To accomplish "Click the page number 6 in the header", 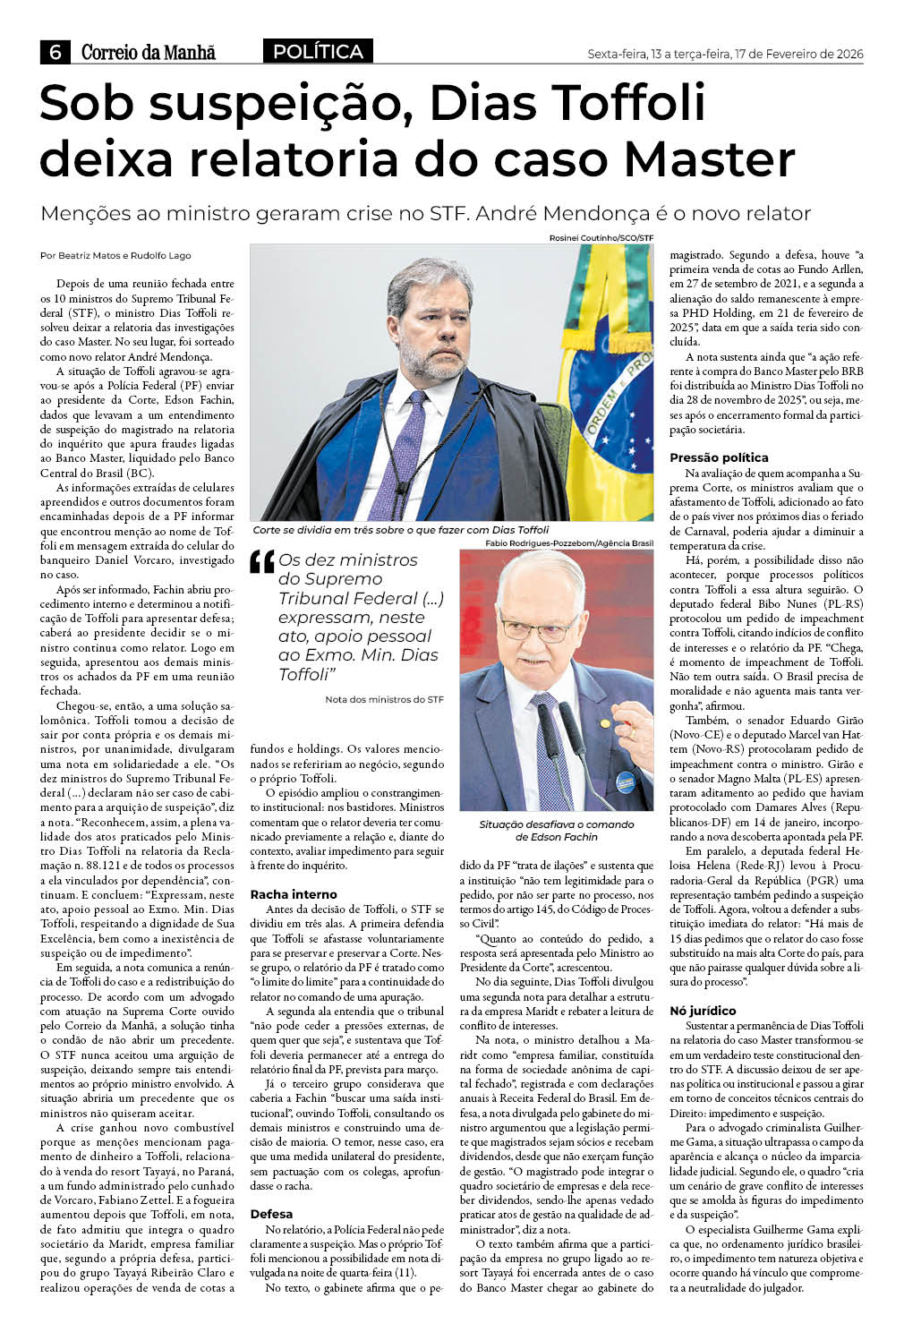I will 55,53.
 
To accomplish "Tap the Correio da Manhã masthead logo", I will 148,53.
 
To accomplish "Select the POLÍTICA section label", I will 318,52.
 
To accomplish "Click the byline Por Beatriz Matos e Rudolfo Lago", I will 115,255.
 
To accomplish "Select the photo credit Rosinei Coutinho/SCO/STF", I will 601,238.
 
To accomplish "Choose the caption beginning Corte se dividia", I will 400,530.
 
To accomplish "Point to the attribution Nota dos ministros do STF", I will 384,699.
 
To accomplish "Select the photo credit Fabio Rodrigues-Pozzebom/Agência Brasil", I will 569,543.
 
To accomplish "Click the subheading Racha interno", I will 294,894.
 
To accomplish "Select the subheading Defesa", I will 271,1214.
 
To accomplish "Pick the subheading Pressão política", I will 719,457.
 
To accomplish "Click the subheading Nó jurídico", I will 703,1011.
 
